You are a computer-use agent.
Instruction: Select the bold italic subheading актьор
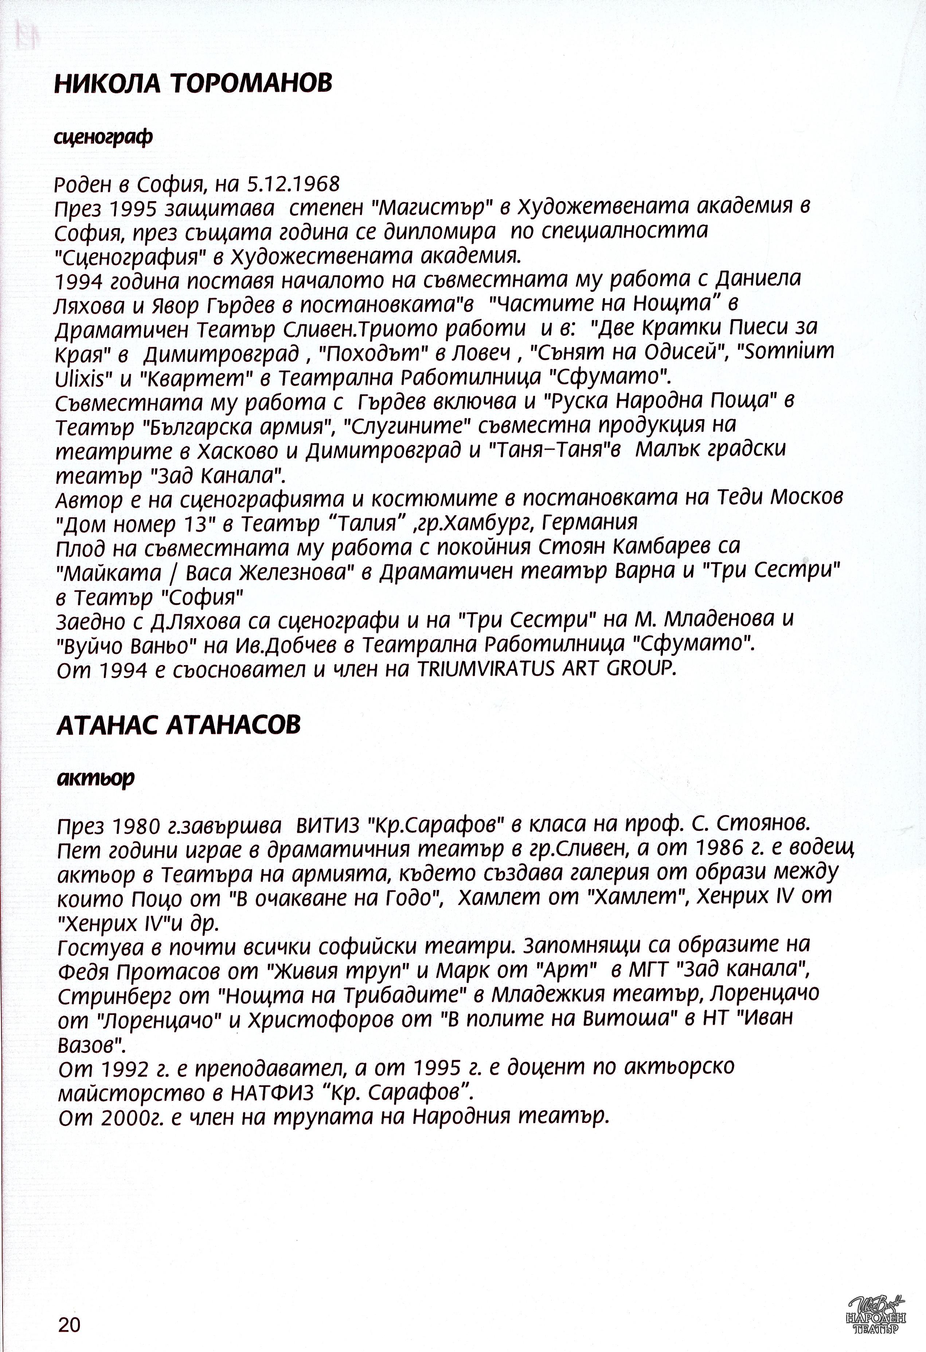click(96, 778)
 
